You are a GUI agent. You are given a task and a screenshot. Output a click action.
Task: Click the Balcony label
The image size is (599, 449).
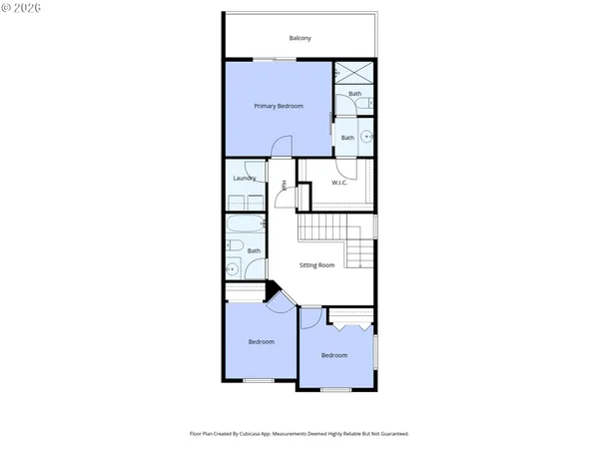300,38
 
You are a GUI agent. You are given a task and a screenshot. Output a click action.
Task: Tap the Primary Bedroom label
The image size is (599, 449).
278,106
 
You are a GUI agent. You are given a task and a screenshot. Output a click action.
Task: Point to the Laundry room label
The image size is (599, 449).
245,179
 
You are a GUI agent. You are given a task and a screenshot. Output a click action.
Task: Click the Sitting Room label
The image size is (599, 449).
317,266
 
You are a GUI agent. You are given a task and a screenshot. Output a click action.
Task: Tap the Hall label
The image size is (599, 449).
285,185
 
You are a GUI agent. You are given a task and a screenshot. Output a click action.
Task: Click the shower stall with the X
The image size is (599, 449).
351,73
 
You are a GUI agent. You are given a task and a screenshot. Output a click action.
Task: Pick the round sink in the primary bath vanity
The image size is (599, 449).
366,138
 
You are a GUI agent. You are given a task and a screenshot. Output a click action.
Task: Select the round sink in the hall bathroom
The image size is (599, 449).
233,267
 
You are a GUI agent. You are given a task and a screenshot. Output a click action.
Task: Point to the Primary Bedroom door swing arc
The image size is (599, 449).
283,146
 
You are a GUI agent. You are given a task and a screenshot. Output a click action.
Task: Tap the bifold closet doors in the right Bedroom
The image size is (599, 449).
350,324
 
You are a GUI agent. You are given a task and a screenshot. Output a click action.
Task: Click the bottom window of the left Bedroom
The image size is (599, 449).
259,380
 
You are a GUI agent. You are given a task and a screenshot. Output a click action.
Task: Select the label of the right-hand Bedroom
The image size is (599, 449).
334,355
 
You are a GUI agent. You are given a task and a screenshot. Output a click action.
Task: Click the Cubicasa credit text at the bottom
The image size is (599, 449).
299,434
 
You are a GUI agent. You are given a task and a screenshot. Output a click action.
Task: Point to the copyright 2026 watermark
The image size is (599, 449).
22,10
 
